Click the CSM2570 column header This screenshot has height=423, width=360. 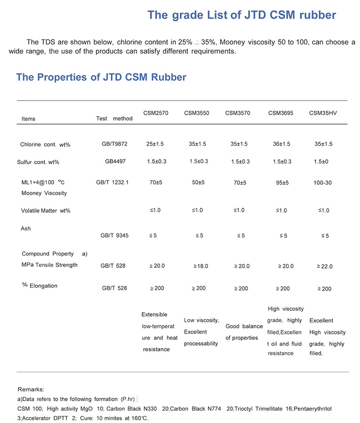tap(156, 113)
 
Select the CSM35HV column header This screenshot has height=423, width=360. tap(323, 113)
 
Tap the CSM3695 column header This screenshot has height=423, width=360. tap(281, 113)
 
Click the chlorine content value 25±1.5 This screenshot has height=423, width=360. tap(155, 144)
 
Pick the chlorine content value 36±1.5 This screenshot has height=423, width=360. tap(281, 144)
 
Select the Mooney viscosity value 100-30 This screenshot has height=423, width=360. tap(323, 183)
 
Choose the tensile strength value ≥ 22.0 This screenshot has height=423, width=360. tap(325, 266)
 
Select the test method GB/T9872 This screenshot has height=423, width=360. tap(115, 144)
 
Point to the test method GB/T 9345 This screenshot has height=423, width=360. tap(115, 235)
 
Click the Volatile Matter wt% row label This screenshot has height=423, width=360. tap(46, 210)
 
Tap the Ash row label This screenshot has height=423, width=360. tap(26, 228)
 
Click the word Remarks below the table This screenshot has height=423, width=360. tap(31, 389)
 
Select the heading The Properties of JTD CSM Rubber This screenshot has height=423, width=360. tap(101, 77)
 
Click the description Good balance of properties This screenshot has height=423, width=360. tap(244, 332)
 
